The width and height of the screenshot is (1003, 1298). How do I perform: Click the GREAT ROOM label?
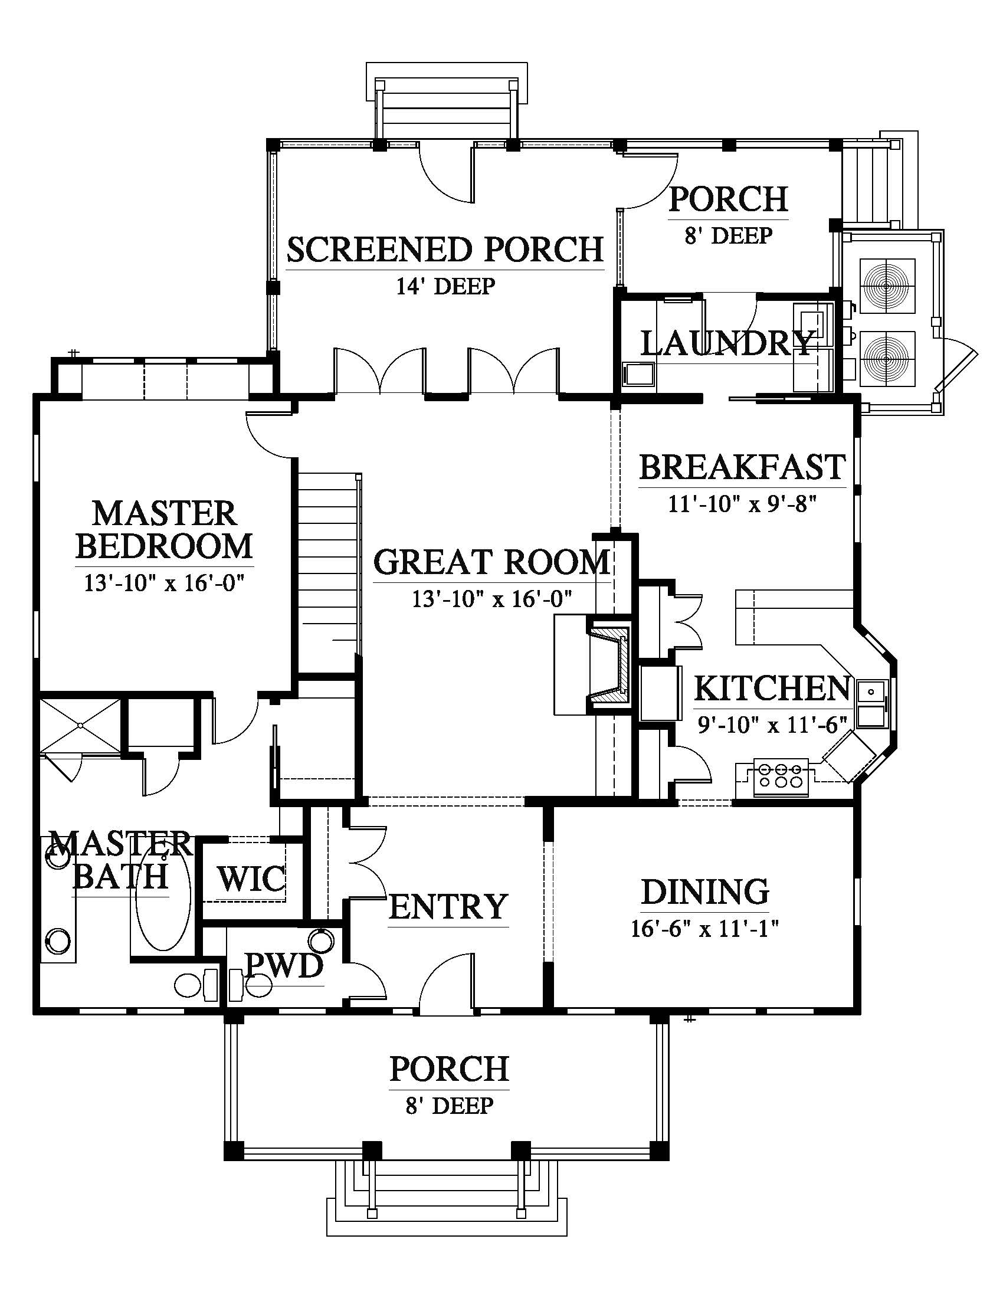tap(492, 562)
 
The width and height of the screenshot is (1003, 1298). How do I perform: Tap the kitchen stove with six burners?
tap(780, 777)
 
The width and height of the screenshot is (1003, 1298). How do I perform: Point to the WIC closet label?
tap(251, 879)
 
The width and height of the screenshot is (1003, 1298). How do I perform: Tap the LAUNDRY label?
tap(727, 343)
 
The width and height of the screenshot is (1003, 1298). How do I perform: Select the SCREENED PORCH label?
tap(445, 250)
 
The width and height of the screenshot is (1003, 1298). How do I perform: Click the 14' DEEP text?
tap(445, 287)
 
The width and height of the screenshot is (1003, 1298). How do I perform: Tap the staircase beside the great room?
tap(329, 565)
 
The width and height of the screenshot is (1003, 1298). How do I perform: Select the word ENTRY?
tap(448, 906)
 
